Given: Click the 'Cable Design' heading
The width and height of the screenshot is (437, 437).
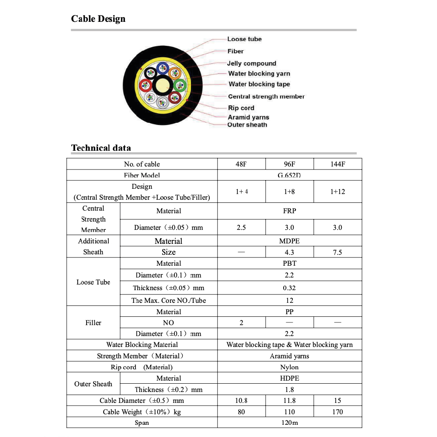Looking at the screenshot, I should [98, 19].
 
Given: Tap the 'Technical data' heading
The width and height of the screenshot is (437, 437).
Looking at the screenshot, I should [101, 148].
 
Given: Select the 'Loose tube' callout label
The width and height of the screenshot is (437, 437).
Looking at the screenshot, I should [244, 39].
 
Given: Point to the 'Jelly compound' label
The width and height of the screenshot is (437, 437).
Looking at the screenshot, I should [251, 63].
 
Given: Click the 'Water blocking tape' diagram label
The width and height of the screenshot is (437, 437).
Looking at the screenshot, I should [259, 84].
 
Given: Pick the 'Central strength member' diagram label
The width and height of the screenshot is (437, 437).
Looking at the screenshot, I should [266, 97].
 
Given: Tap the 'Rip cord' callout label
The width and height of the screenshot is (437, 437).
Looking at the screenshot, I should [241, 108].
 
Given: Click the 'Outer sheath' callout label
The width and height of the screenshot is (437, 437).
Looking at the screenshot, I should [247, 125].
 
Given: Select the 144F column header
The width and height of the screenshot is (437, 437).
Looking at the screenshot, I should [337, 164].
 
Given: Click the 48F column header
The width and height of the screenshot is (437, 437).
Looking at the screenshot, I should [241, 164].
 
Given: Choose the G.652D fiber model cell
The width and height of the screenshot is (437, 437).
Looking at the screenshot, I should [289, 176].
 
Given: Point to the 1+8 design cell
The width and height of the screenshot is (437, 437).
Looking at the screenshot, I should [289, 192].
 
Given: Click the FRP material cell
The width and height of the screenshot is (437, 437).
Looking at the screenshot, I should [289, 211].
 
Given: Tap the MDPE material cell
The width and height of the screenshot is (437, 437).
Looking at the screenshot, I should [289, 241].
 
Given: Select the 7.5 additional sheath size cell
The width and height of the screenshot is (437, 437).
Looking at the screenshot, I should [337, 252].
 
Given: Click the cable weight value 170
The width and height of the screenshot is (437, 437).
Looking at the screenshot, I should [337, 412].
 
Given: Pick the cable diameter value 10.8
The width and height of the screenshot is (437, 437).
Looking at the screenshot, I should [241, 400].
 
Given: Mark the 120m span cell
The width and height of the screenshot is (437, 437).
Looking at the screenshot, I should [289, 423].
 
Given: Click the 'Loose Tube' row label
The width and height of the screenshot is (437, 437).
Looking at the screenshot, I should [93, 282].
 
